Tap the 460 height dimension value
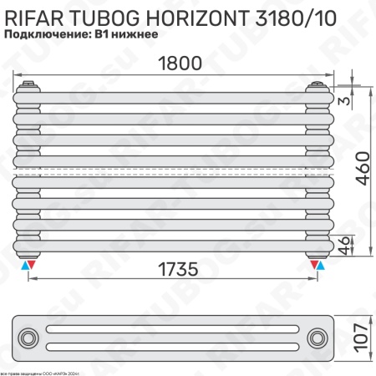point(359,171)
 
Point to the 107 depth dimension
point(360,337)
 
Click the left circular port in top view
point(30,338)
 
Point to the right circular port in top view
point(318,338)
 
